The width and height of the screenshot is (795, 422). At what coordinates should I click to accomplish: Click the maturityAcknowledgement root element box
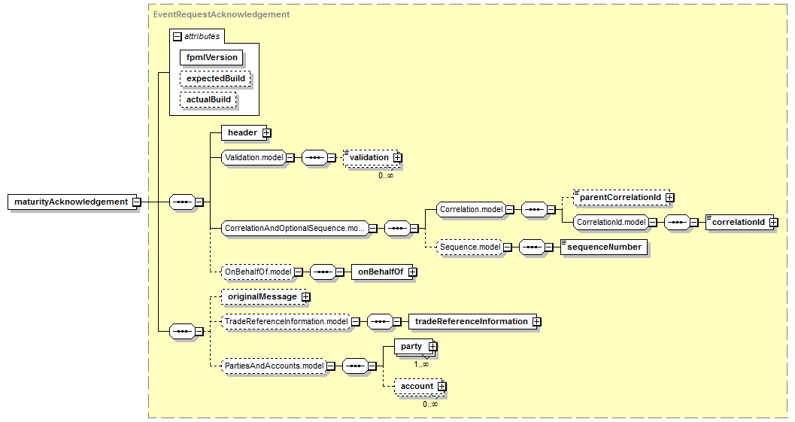(71, 202)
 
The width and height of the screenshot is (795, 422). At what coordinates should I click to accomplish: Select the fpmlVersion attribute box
(211, 57)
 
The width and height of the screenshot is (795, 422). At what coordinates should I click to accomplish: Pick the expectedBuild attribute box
(215, 78)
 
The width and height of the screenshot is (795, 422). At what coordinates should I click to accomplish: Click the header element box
(242, 133)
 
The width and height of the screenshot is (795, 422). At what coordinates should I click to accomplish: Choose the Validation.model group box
(253, 158)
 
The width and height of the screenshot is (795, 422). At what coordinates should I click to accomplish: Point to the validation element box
(369, 157)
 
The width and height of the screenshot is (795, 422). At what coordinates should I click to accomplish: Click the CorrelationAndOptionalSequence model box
(295, 228)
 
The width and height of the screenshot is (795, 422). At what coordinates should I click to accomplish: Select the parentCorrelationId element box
(620, 197)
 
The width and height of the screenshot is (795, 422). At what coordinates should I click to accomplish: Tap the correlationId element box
(738, 223)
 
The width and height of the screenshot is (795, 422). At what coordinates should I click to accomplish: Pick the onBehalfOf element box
(378, 272)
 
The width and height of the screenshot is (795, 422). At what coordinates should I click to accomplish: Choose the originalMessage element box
(262, 297)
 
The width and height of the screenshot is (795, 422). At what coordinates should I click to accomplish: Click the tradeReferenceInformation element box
(471, 322)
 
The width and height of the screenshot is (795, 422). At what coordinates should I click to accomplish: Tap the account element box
(416, 387)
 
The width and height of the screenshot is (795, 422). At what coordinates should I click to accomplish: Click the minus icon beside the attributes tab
(178, 36)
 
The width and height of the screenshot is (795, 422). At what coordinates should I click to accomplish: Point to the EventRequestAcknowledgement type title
(221, 14)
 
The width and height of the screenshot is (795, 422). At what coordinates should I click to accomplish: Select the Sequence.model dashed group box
(469, 247)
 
